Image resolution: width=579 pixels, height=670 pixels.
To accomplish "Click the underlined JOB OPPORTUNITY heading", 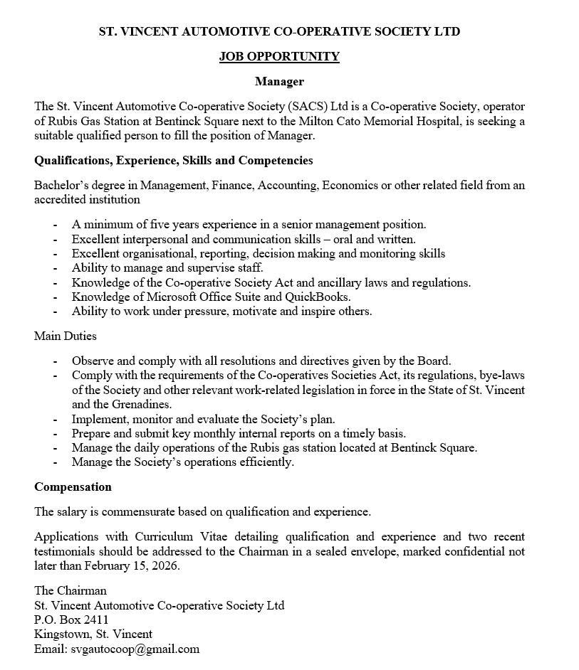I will click(x=279, y=57).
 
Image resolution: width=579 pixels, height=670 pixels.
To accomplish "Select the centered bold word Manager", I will click(x=279, y=82).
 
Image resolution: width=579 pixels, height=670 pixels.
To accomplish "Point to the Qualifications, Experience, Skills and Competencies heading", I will click(x=174, y=161).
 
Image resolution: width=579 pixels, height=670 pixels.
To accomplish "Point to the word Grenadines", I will click(x=121, y=404).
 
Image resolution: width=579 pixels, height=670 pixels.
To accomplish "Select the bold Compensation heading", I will click(x=73, y=487).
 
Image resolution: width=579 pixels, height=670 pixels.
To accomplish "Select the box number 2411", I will click(x=95, y=620).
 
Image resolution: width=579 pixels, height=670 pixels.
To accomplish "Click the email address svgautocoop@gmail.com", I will click(x=135, y=649).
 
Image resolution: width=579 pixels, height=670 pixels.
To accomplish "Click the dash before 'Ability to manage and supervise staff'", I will click(x=56, y=268).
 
